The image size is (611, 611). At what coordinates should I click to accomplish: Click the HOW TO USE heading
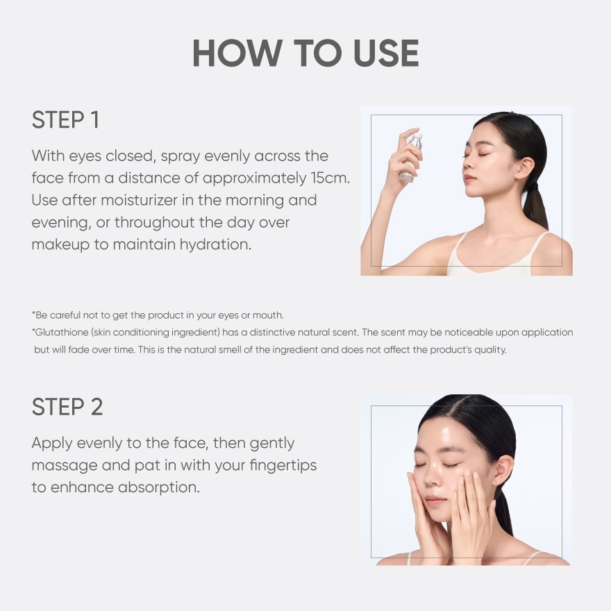tap(305, 53)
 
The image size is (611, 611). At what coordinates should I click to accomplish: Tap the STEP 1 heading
tap(65, 119)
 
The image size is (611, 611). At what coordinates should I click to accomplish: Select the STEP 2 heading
tap(67, 407)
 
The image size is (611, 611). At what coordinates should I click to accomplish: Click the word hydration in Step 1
tap(215, 244)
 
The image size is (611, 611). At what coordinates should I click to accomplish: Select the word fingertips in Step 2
tap(283, 466)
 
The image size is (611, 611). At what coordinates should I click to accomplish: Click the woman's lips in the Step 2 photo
tap(435, 500)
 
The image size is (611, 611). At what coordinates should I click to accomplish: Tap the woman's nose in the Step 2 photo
tap(431, 478)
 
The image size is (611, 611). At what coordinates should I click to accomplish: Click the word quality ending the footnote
tap(494, 350)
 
